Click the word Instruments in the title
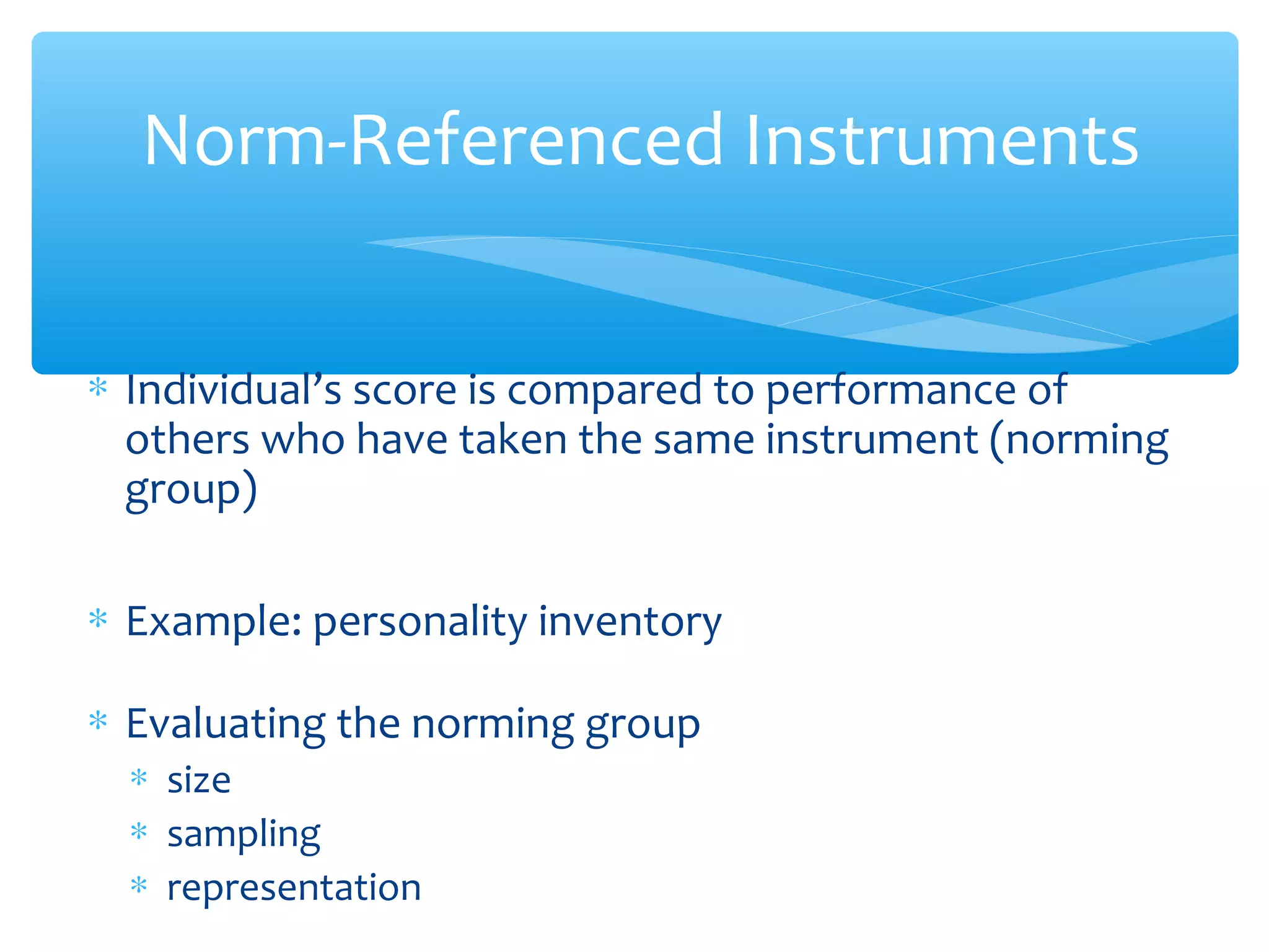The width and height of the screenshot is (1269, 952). click(941, 141)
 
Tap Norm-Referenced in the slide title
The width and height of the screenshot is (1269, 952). click(433, 141)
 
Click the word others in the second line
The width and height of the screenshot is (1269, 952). click(187, 440)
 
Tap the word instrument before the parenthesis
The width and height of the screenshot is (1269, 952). click(871, 440)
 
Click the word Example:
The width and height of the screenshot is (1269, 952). click(214, 622)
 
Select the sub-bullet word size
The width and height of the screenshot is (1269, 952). click(199, 780)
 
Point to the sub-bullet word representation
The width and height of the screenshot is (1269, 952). click(294, 888)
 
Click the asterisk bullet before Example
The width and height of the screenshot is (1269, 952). click(98, 619)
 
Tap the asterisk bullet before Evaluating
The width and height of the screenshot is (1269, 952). click(98, 721)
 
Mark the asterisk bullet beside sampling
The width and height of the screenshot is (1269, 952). click(139, 831)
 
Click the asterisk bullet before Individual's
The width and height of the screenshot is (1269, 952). click(98, 388)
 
